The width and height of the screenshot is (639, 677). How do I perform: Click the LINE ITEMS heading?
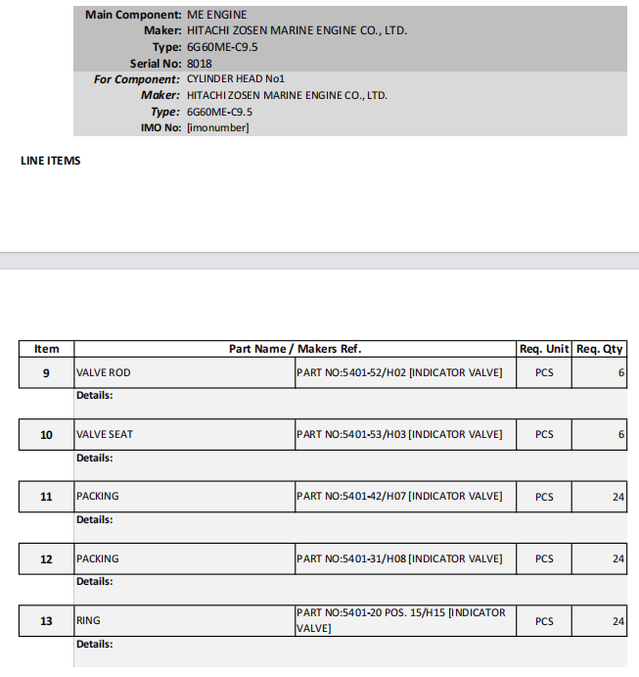click(x=51, y=161)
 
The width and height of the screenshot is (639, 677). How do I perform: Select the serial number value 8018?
click(x=199, y=64)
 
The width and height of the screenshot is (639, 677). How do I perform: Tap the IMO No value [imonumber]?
click(x=217, y=127)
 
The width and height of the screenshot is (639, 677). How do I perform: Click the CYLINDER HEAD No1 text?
click(x=235, y=79)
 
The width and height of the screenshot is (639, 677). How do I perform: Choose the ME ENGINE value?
click(x=216, y=16)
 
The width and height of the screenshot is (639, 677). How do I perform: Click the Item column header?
click(x=47, y=349)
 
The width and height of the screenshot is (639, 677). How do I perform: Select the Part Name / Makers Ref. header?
click(x=295, y=349)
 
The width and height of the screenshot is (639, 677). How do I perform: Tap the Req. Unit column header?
click(x=544, y=349)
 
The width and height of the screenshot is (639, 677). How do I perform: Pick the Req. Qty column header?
click(x=599, y=349)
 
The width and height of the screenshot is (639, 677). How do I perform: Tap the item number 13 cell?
click(x=47, y=621)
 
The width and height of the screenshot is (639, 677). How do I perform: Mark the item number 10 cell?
click(x=47, y=435)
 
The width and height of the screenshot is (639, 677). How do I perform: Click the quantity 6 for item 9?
click(x=620, y=373)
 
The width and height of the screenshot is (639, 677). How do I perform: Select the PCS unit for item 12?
click(x=544, y=559)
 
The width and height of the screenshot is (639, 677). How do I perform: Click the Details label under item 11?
click(x=95, y=520)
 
